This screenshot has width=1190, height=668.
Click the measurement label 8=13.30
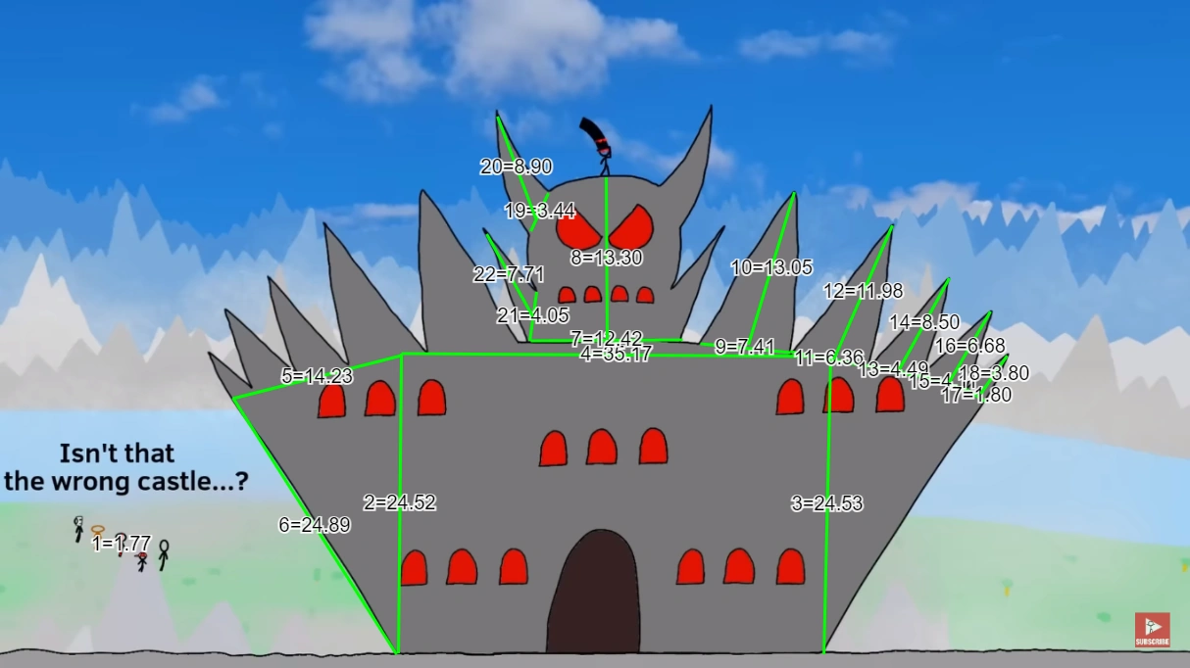[x=607, y=259]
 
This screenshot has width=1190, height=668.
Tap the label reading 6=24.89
[x=315, y=525]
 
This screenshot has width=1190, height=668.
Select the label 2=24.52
[x=399, y=502]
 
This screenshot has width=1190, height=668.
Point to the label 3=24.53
[x=826, y=503]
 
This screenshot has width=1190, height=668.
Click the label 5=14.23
[x=317, y=376]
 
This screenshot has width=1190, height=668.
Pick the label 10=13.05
[x=771, y=267]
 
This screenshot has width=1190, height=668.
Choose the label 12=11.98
[x=863, y=291]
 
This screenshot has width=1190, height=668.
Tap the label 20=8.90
[x=516, y=167]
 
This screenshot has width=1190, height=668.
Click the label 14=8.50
[x=924, y=322]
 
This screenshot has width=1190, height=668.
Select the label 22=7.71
[x=509, y=274]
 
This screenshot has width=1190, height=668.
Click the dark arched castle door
[x=593, y=593]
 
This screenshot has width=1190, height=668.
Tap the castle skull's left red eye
[x=580, y=229]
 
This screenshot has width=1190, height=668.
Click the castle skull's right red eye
[x=630, y=228]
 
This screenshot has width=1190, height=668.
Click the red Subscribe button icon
[x=1152, y=630]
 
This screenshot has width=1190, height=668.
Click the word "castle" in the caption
[x=197, y=481]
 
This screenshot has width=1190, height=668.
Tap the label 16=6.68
[x=969, y=346]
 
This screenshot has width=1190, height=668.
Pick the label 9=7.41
[x=745, y=347]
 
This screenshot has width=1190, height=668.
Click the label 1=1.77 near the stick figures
[x=122, y=544]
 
